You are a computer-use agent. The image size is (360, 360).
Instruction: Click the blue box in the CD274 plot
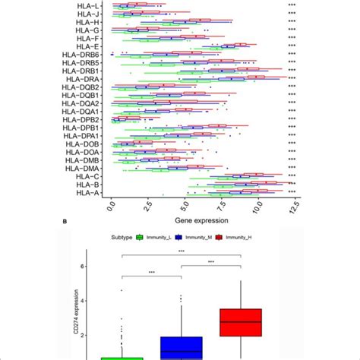(181, 348)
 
